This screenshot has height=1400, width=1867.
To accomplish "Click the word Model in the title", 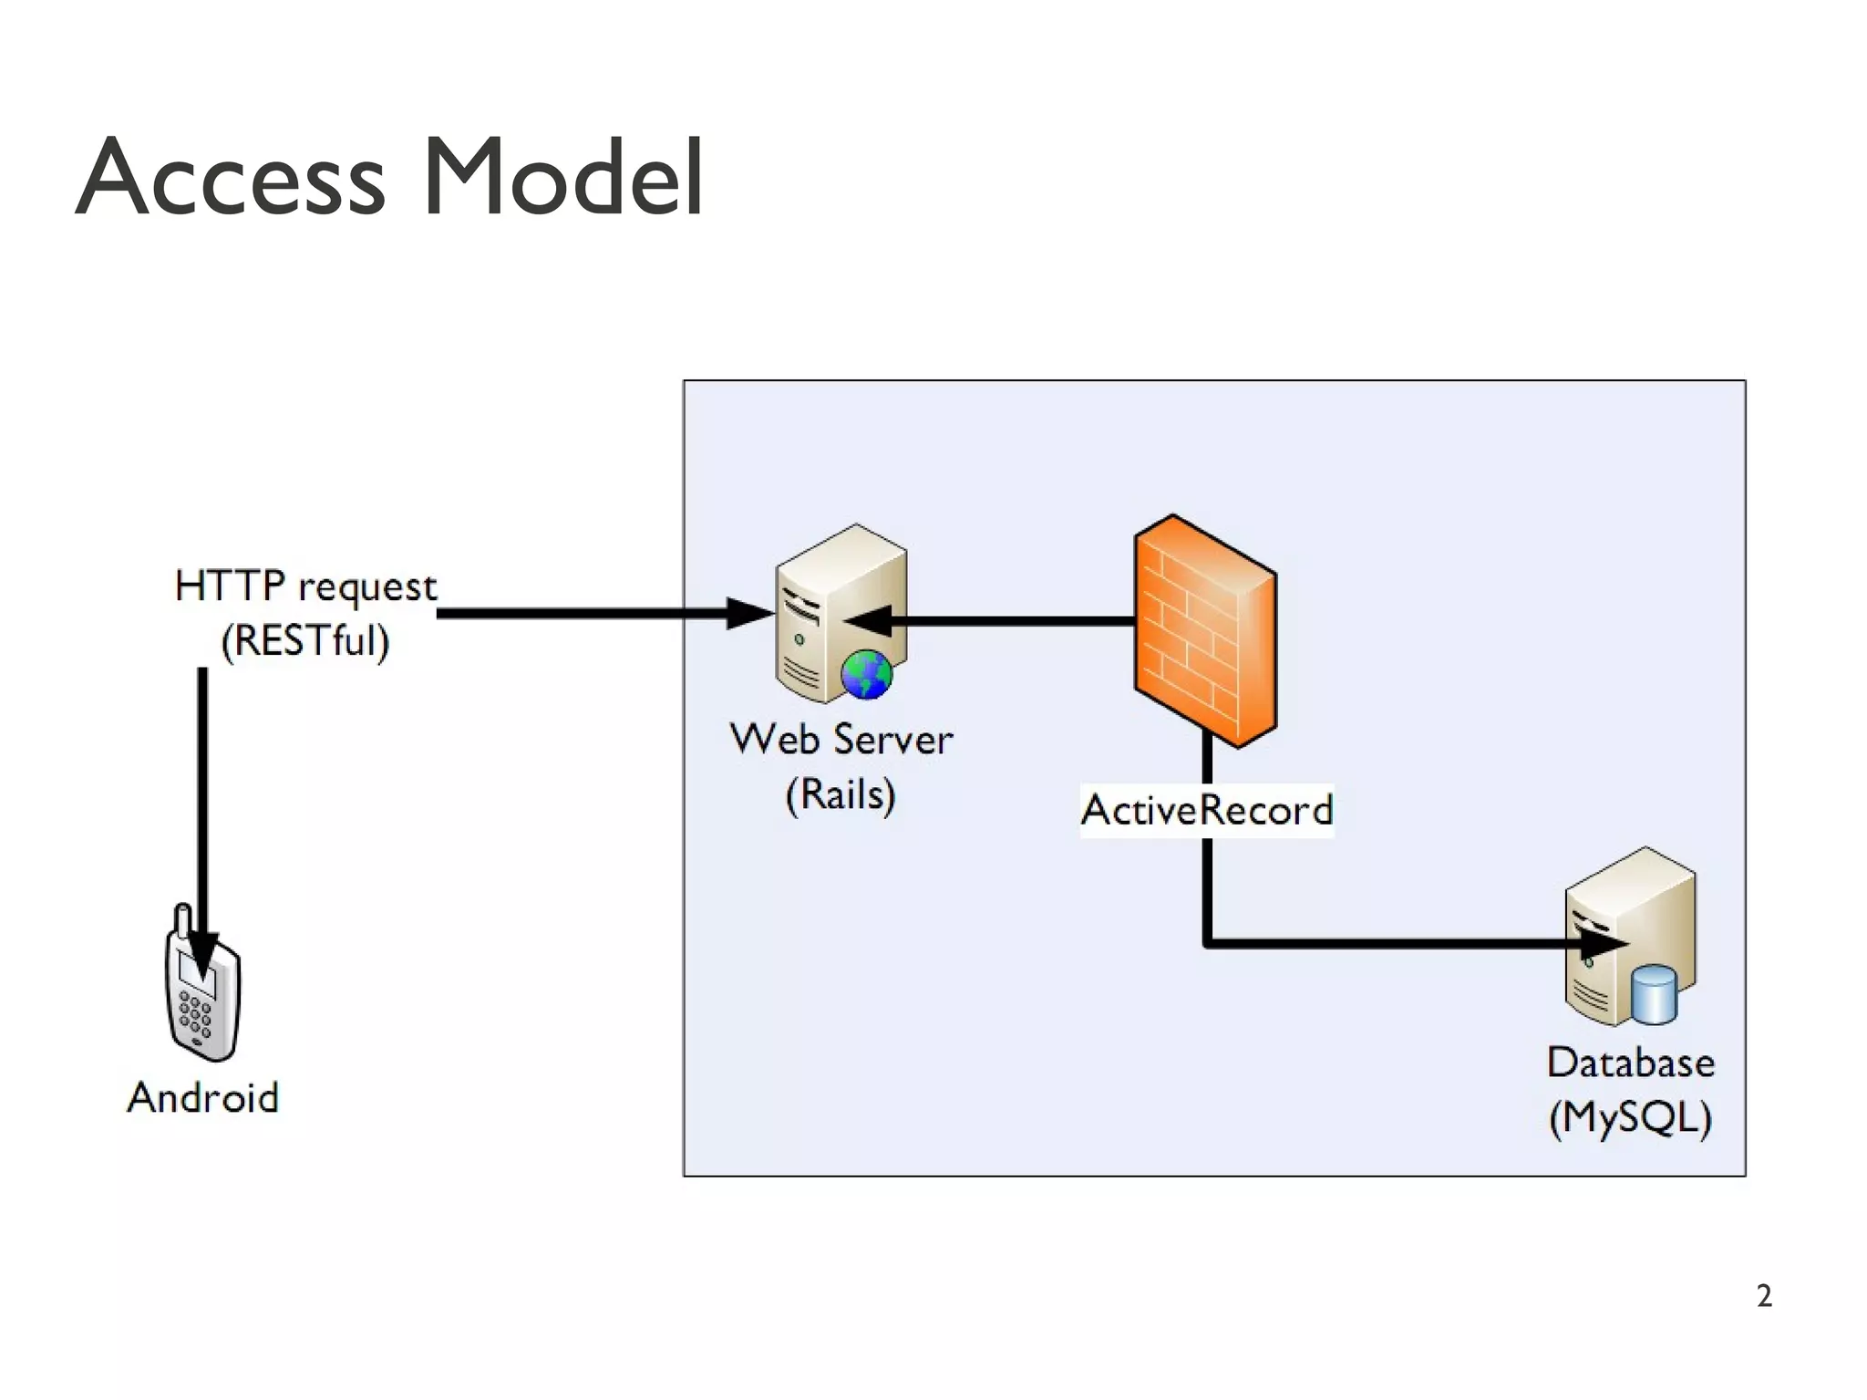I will (562, 179).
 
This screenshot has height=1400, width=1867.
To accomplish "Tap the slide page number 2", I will (1764, 1296).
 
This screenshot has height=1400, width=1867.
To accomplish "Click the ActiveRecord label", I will (1206, 810).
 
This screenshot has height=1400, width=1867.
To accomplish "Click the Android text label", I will (202, 1097).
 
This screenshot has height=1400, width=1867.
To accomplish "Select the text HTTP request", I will (305, 586).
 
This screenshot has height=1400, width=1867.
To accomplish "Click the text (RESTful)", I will (305, 640).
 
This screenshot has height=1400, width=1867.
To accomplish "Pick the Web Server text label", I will (841, 739).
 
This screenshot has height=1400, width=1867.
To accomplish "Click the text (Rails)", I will (841, 793).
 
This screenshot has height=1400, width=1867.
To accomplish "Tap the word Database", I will (1630, 1063).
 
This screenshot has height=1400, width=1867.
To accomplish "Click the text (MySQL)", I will (1630, 1117).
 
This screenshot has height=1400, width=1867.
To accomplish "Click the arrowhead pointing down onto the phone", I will (202, 958).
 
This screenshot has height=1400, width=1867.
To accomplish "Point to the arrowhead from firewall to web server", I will (868, 621).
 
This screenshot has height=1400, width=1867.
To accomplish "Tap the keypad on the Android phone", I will (195, 1015).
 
